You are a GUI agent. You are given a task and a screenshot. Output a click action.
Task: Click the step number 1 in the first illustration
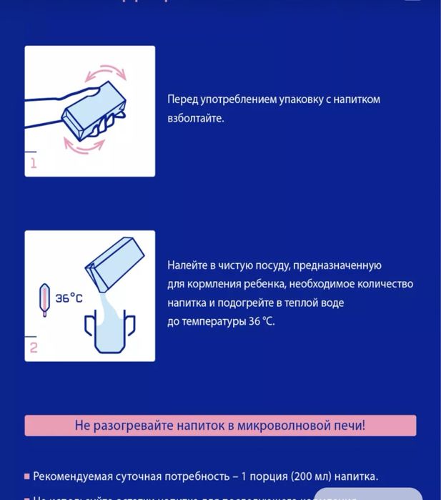coord(33,163)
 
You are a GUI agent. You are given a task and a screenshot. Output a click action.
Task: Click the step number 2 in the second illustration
coord(33,348)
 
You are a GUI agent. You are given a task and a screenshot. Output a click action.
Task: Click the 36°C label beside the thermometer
coord(69,298)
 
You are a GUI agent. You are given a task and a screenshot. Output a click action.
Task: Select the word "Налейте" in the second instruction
coord(187,265)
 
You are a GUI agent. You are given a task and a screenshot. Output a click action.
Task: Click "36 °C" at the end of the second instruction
coord(261,321)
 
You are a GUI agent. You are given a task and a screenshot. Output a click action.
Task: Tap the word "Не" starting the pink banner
coord(82,426)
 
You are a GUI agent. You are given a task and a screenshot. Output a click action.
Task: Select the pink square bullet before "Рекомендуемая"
coord(27,476)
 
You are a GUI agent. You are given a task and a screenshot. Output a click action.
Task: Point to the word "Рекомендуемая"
coord(74,476)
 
